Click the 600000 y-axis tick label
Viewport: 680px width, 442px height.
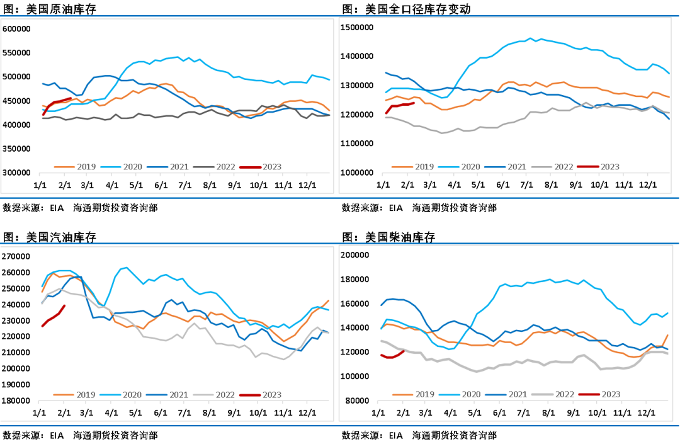[x=17, y=29]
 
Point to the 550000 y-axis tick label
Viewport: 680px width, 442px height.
[x=17, y=53]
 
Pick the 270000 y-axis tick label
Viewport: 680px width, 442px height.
[x=17, y=257]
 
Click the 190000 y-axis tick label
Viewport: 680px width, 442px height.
[x=17, y=385]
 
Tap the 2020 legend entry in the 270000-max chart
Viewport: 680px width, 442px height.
[x=131, y=395]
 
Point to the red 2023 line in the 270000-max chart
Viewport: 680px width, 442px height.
[x=54, y=317]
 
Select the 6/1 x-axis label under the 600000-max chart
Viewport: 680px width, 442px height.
[x=161, y=186]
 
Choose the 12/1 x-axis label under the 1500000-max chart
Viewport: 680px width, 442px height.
[x=647, y=186]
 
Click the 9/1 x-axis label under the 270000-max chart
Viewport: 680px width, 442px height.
[x=234, y=413]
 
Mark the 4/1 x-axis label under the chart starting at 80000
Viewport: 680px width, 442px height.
[x=451, y=413]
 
